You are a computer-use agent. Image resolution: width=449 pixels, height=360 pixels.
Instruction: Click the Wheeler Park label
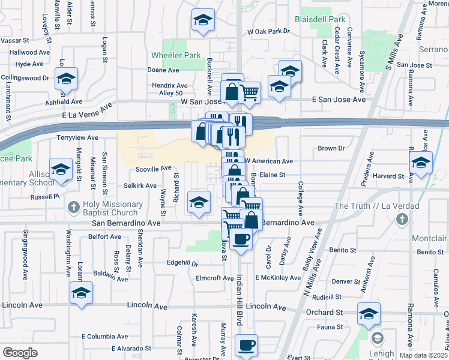[175, 55]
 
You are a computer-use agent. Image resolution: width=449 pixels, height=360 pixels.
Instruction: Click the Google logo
[20, 352]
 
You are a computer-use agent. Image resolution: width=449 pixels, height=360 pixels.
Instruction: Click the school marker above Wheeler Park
[203, 21]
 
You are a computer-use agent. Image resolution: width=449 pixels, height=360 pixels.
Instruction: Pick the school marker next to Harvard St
[421, 162]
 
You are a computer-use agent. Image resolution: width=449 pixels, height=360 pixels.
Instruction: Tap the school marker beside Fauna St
[369, 313]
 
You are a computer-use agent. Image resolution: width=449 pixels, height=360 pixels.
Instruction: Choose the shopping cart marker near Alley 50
[249, 92]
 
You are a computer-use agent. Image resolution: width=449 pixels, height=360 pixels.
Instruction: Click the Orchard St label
[323, 312]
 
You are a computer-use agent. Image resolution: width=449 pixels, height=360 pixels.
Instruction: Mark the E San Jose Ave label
[338, 100]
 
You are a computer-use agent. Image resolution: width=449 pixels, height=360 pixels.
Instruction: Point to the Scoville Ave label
[154, 169]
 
